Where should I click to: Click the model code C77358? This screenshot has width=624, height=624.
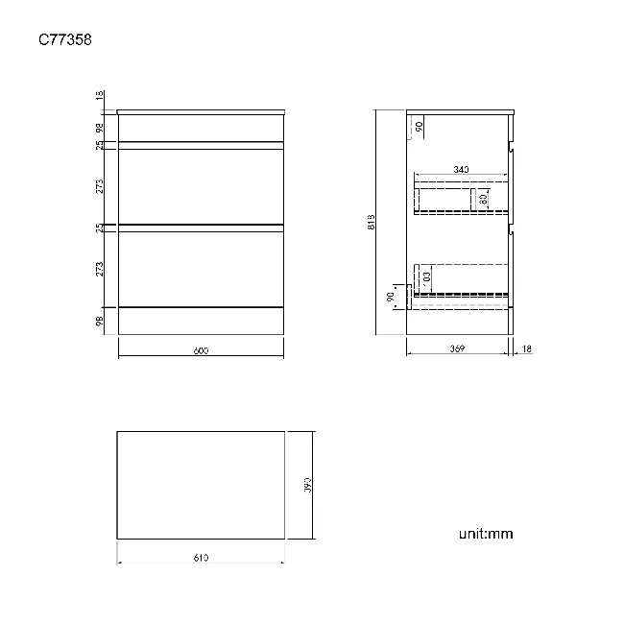coord(65,40)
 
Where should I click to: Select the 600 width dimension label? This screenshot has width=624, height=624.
coord(201,350)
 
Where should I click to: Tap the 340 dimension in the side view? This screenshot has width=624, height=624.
coord(461,170)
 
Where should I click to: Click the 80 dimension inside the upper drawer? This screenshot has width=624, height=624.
coord(484,199)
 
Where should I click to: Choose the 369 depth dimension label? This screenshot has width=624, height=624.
coord(457,349)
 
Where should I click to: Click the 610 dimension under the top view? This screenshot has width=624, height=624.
coord(201,558)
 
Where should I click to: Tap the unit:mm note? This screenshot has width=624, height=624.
coord(486,534)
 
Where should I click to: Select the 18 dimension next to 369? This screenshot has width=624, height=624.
coord(526,349)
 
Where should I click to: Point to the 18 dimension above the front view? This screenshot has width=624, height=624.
coord(100,96)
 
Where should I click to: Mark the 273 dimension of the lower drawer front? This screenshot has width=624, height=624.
coord(100,269)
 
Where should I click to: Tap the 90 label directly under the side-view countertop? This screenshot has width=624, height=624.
coord(420,126)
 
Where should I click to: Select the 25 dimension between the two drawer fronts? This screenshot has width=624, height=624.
coord(100,228)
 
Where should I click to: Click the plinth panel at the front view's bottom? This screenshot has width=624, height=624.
coord(201,321)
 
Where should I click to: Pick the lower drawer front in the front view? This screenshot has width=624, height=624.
coord(201,269)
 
